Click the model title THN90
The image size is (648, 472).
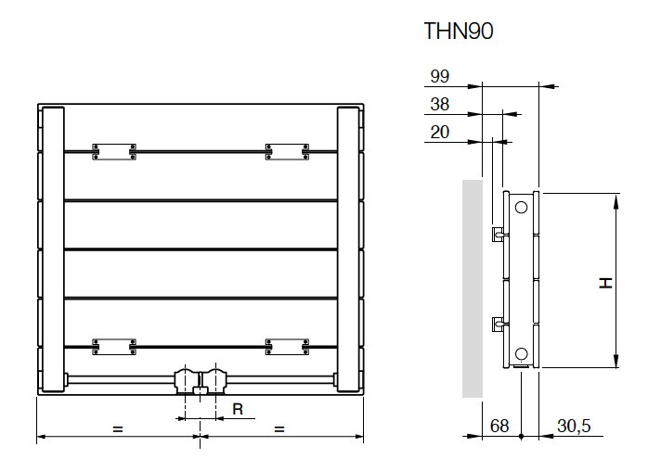tap(459, 32)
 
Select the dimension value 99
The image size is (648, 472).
tap(440, 76)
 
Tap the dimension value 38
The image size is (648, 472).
tap(440, 104)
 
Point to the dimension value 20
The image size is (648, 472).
tap(440, 132)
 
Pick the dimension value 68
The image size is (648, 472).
tap(500, 426)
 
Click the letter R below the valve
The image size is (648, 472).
tap(237, 407)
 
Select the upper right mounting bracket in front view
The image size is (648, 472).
tap(287, 151)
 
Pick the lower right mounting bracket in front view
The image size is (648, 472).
tap(287, 347)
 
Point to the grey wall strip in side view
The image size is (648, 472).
tap(473, 288)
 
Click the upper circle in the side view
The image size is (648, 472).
tap(521, 207)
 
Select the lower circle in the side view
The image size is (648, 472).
tap(521, 352)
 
